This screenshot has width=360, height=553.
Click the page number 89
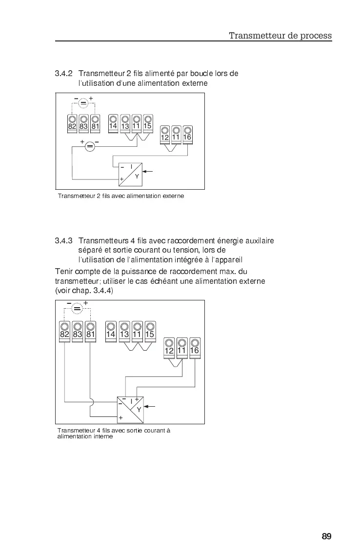pyautogui.click(x=326, y=536)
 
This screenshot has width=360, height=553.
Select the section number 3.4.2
pyautogui.click(x=63, y=74)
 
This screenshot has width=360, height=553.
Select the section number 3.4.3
pyautogui.click(x=63, y=240)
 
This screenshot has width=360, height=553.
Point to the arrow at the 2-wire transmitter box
pyautogui.click(x=149, y=172)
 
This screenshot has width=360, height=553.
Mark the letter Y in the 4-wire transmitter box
pyautogui.click(x=139, y=410)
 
